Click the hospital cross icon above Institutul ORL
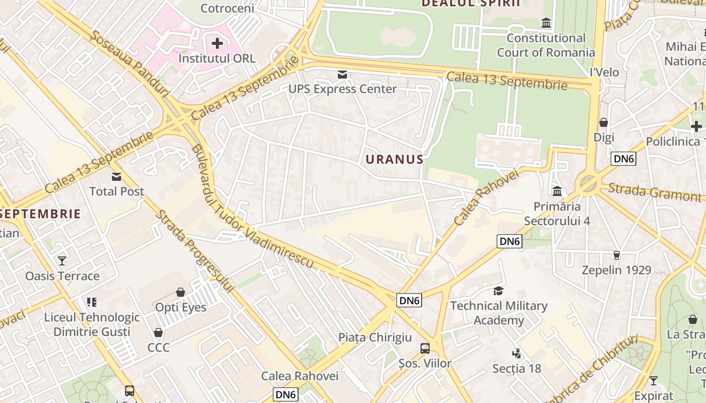click(x=217, y=43)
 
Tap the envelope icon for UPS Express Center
click(x=342, y=75)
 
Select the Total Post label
click(x=116, y=191)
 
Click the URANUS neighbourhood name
click(x=394, y=160)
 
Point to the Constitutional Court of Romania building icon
click(x=546, y=23)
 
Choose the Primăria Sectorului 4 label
click(x=557, y=214)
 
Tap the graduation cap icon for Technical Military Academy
click(x=498, y=291)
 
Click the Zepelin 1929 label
click(x=616, y=270)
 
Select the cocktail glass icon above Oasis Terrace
click(x=62, y=260)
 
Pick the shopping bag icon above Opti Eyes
click(x=181, y=292)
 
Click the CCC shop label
click(x=158, y=348)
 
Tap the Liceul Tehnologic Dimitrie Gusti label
click(x=92, y=324)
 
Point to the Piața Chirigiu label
click(x=375, y=338)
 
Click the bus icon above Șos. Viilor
click(x=425, y=348)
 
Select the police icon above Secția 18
click(x=516, y=353)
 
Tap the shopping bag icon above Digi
click(x=603, y=122)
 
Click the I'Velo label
click(x=604, y=73)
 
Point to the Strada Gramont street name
click(x=654, y=192)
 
